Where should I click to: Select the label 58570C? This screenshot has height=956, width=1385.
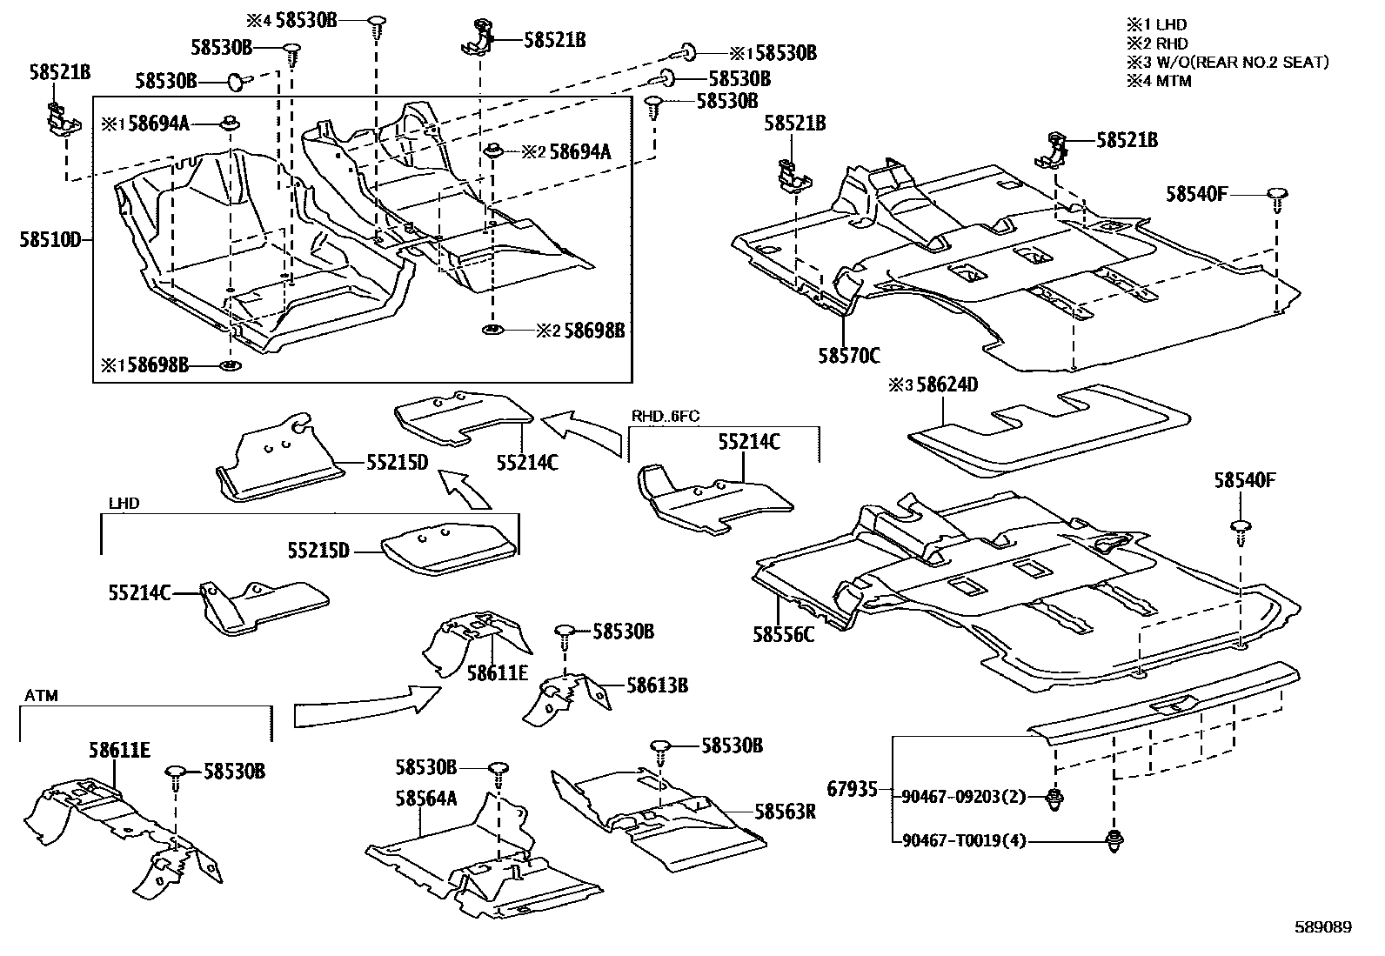[848, 355]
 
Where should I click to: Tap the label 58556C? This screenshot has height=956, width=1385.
[784, 634]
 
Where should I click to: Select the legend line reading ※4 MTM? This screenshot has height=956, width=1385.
[1159, 81]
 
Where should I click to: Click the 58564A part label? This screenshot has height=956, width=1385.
[425, 797]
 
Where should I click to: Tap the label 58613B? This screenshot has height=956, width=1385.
[657, 685]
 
